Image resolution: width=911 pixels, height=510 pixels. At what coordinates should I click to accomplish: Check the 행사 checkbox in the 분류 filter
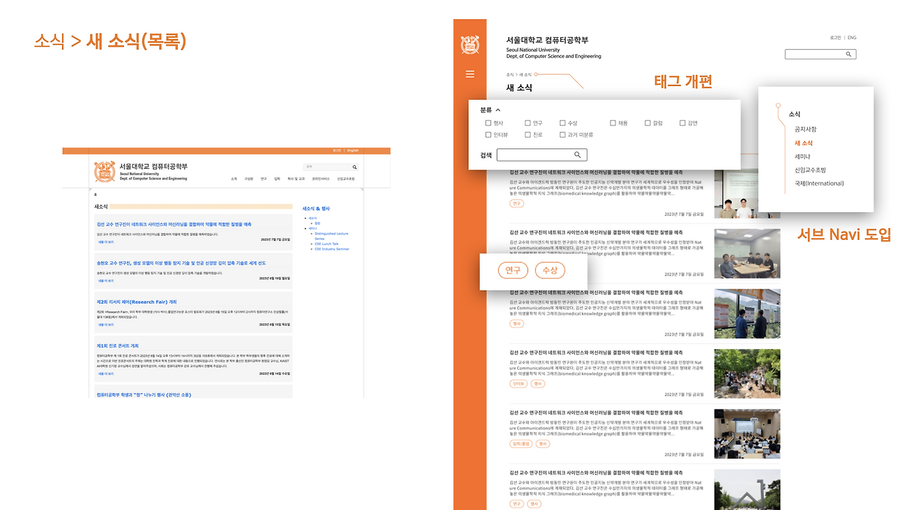(x=488, y=123)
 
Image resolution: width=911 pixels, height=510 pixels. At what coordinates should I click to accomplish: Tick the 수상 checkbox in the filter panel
(x=562, y=123)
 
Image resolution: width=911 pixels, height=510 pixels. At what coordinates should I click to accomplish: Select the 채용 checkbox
(x=613, y=123)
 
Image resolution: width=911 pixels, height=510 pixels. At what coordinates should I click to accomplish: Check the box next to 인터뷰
(x=488, y=135)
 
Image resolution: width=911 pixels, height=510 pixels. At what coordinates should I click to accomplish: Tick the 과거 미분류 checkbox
(x=562, y=135)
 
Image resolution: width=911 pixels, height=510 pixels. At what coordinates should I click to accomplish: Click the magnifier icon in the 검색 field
(x=578, y=155)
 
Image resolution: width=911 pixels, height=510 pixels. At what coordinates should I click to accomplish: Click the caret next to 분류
(x=498, y=110)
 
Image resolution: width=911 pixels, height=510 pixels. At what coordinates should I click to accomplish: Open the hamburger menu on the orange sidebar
(x=470, y=74)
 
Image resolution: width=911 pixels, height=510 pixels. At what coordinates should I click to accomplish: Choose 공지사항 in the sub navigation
(x=806, y=129)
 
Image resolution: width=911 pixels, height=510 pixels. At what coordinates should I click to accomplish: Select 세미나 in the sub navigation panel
(x=803, y=156)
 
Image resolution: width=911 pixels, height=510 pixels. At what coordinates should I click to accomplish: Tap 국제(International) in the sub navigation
(x=819, y=183)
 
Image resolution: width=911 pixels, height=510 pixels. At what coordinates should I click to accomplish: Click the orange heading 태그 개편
(x=683, y=81)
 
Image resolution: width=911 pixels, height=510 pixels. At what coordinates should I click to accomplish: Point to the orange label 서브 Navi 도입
(x=843, y=234)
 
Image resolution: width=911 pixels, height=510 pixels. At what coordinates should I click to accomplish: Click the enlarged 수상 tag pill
(x=550, y=270)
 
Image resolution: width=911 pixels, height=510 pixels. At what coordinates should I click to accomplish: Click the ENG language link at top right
(x=852, y=38)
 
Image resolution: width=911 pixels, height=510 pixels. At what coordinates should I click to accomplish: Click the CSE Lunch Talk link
(x=327, y=244)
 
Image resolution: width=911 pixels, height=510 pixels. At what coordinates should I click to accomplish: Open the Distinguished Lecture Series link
(x=331, y=235)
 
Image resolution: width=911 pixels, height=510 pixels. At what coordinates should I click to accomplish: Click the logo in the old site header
(x=105, y=172)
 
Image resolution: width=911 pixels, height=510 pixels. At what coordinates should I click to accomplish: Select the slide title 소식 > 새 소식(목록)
(x=110, y=41)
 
